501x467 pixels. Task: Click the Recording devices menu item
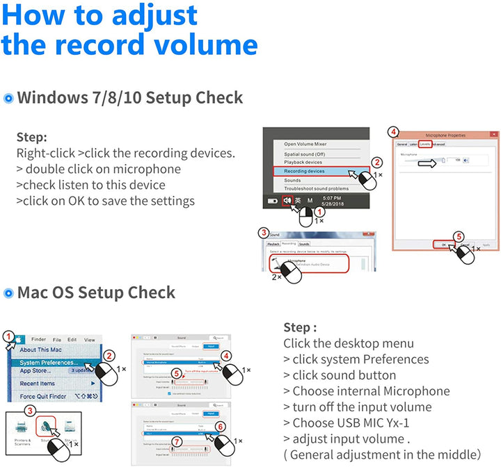[304, 170]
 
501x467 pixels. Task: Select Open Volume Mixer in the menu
[305, 144]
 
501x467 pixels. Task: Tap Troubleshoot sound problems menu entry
[316, 188]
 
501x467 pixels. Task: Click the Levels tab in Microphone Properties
[424, 144]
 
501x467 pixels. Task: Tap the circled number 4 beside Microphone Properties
[393, 132]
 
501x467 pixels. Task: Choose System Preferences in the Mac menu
[49, 363]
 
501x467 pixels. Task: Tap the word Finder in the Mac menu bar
[39, 340]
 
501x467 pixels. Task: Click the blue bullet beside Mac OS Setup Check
[9, 293]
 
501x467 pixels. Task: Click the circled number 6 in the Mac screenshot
[221, 427]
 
